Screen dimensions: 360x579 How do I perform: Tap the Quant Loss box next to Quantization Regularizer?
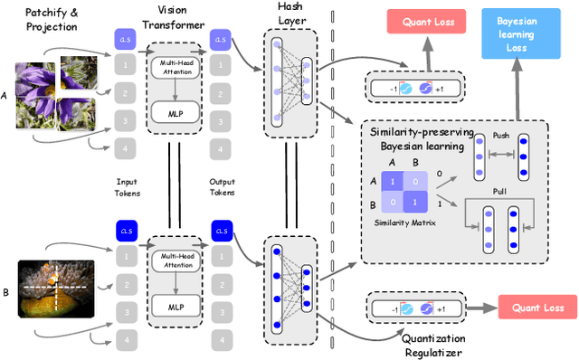536,307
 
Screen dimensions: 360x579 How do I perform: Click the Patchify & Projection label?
42,19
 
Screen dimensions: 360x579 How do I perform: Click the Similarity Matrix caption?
404,222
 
